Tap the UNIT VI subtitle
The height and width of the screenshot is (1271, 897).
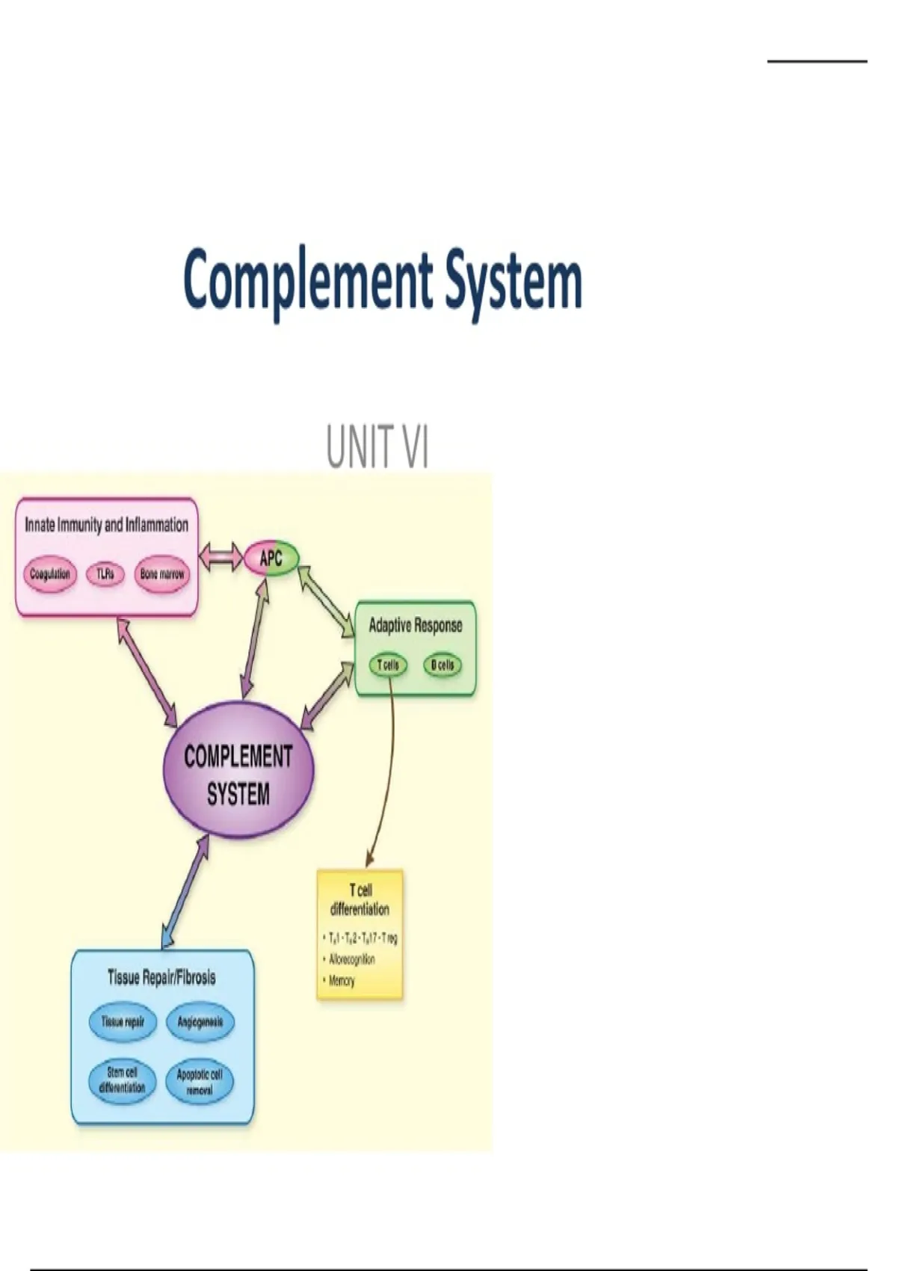click(x=377, y=446)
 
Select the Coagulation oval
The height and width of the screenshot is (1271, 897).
click(x=49, y=574)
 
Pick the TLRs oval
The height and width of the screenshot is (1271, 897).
click(x=105, y=574)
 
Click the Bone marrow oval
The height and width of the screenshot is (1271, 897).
click(x=162, y=574)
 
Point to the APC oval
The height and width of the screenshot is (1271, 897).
click(x=271, y=558)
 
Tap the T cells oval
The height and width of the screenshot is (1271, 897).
click(x=388, y=665)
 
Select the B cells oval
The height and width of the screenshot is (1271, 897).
click(x=443, y=665)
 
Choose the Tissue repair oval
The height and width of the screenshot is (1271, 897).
click(x=123, y=1021)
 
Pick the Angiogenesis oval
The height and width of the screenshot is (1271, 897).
click(x=200, y=1021)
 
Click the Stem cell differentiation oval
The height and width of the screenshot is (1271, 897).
click(x=122, y=1080)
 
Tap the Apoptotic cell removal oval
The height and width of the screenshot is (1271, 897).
click(x=200, y=1082)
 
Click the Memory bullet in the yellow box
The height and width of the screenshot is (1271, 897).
click(x=342, y=980)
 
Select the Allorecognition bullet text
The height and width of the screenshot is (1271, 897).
click(x=352, y=959)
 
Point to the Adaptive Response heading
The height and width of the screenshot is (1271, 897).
click(x=416, y=626)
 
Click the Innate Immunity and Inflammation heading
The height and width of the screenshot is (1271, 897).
click(x=107, y=525)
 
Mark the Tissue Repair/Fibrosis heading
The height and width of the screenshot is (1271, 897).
click(x=161, y=977)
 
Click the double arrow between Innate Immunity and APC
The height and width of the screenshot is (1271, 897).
click(x=221, y=558)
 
